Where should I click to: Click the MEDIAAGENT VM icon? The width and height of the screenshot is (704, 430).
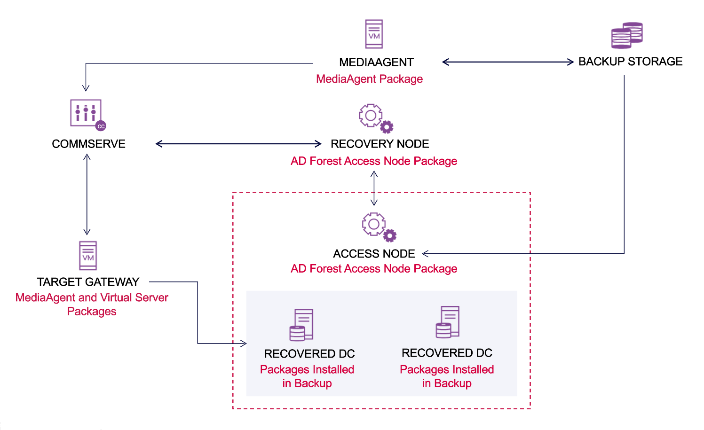click(374, 34)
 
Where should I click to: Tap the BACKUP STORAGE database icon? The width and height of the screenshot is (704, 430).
click(626, 35)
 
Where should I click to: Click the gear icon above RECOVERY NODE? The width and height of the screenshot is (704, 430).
click(375, 118)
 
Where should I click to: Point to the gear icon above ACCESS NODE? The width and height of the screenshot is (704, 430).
click(379, 227)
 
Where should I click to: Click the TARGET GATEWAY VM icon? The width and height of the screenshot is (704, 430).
click(88, 256)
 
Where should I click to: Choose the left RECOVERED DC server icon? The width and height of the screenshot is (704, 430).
click(301, 325)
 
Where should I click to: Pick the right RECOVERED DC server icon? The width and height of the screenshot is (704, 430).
click(447, 322)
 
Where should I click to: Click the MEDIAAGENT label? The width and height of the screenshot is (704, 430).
click(376, 63)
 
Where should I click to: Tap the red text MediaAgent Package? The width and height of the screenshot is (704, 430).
click(369, 79)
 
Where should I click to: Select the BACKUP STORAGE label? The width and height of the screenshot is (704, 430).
click(630, 62)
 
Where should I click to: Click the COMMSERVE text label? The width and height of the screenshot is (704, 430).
click(88, 144)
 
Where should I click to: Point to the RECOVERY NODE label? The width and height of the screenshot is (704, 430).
click(380, 144)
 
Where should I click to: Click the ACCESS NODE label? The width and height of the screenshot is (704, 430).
click(374, 254)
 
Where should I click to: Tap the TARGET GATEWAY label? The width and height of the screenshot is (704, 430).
click(88, 282)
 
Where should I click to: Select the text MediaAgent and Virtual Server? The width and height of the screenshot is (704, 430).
click(92, 297)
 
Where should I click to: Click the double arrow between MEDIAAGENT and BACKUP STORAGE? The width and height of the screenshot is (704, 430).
click(508, 62)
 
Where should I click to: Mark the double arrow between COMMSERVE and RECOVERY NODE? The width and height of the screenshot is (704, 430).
click(238, 144)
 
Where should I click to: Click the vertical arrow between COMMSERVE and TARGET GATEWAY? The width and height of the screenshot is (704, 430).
click(87, 195)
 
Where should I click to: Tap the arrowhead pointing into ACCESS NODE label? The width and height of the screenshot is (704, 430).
click(426, 254)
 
